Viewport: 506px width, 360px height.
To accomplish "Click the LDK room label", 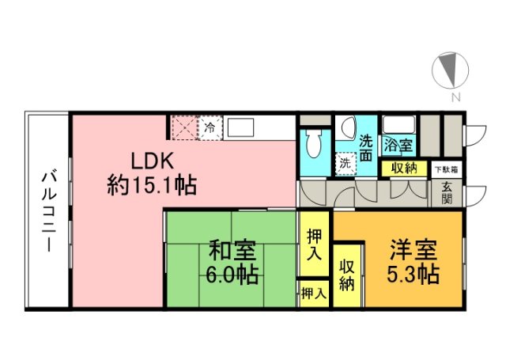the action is (153, 161).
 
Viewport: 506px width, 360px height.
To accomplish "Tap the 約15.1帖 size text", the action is (152, 185).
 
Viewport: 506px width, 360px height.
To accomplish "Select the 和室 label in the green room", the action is (232, 251).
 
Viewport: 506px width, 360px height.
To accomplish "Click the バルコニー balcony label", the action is (49, 212).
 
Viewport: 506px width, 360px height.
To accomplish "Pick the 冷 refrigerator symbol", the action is (210, 128).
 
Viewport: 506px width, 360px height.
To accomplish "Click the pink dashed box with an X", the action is (184, 128).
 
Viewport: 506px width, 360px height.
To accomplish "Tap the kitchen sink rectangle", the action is (240, 128).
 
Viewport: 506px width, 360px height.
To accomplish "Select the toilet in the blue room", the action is (313, 144).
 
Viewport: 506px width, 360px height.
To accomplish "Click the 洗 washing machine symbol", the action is (346, 164).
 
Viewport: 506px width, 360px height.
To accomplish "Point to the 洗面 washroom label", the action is (366, 149).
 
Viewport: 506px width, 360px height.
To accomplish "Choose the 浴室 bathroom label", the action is (398, 145).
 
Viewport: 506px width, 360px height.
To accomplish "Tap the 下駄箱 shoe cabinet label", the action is (447, 169).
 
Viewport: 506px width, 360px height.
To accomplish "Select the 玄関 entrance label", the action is (447, 193).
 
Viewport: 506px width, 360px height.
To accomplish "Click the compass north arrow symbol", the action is (450, 70).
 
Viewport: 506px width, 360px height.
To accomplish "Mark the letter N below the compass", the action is (455, 97).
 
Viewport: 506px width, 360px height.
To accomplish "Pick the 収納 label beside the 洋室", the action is (347, 275).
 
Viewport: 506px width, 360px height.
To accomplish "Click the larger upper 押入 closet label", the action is (314, 244).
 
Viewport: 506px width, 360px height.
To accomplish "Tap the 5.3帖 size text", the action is (413, 275).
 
